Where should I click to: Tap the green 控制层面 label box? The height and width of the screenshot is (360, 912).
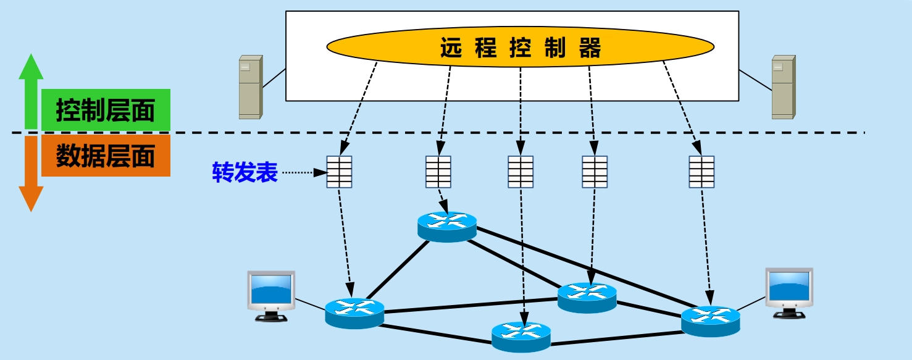pos(106,112)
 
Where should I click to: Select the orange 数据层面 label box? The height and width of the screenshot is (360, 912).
pos(106,156)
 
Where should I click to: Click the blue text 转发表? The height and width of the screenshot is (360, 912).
pos(245,173)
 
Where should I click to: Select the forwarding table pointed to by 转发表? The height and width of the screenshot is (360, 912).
pos(339,172)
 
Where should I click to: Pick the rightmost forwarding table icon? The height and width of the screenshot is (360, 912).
pos(701,172)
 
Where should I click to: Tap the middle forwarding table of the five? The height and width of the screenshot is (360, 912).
pos(521,172)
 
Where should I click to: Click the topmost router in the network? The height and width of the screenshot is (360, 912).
pos(447,226)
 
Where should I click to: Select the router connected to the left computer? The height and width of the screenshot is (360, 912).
pos(354,312)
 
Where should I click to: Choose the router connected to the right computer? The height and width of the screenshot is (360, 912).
pos(710,320)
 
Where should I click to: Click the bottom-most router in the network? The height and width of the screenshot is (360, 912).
pos(521,337)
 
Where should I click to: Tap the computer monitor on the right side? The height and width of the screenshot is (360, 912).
pos(789,290)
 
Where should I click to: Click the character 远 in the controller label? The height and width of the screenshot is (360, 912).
pos(451,49)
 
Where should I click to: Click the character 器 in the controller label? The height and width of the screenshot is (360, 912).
pos(590,49)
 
